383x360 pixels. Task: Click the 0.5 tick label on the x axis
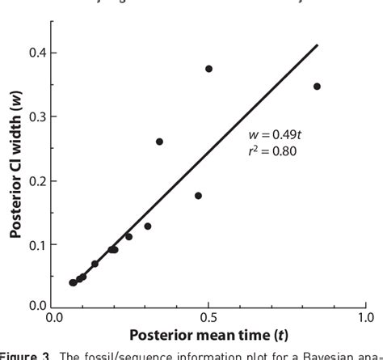tap(209, 319)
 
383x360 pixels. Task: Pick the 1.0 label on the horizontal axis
tap(365, 319)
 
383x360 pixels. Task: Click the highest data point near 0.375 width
tap(208, 69)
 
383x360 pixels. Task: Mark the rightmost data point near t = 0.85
tap(317, 87)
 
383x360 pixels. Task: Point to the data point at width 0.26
tap(159, 142)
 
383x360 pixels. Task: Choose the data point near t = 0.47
tap(198, 196)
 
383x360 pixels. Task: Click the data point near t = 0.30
tap(148, 227)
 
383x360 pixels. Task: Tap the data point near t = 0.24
tap(128, 236)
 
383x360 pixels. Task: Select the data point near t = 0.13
tap(95, 264)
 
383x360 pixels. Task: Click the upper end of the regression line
tap(318, 45)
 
